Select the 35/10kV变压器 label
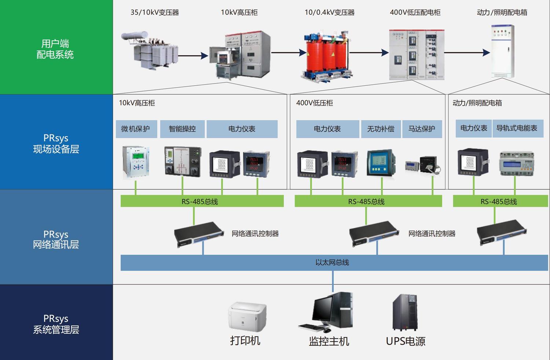tap(155, 12)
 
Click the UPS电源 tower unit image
tap(405, 312)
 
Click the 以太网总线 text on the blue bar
tap(332, 262)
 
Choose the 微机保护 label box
tap(136, 129)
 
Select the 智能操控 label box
tap(182, 129)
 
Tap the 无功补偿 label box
tap(381, 129)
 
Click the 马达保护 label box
tap(422, 129)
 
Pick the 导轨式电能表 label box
tap(517, 128)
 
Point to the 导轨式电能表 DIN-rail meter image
tap(517, 164)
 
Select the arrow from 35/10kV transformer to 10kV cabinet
tap(193, 56)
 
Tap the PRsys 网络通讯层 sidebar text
tap(56, 239)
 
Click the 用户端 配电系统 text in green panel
tap(55, 49)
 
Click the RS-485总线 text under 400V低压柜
tap(366, 202)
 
